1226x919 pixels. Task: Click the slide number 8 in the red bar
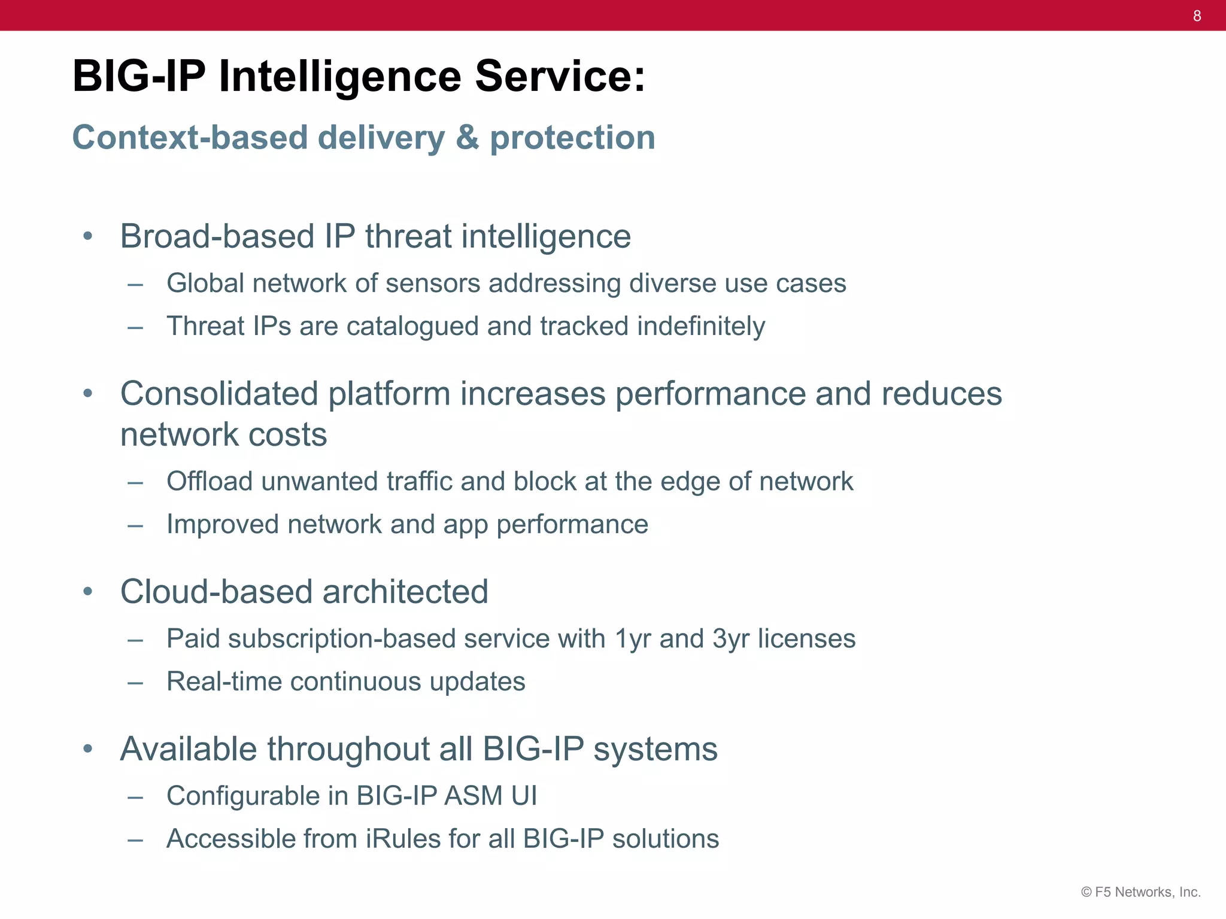[1197, 16]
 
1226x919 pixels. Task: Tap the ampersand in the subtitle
[467, 138]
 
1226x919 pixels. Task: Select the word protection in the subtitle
[572, 138]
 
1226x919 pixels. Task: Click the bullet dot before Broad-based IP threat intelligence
[88, 236]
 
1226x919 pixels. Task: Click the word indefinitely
[701, 326]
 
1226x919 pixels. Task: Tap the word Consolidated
[219, 394]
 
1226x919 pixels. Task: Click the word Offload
[210, 481]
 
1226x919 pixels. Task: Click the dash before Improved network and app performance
[135, 525]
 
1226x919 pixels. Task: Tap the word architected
[405, 592]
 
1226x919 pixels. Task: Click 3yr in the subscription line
[731, 639]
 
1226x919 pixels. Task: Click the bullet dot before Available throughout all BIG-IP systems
[88, 749]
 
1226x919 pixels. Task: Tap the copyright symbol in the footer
[1086, 892]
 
